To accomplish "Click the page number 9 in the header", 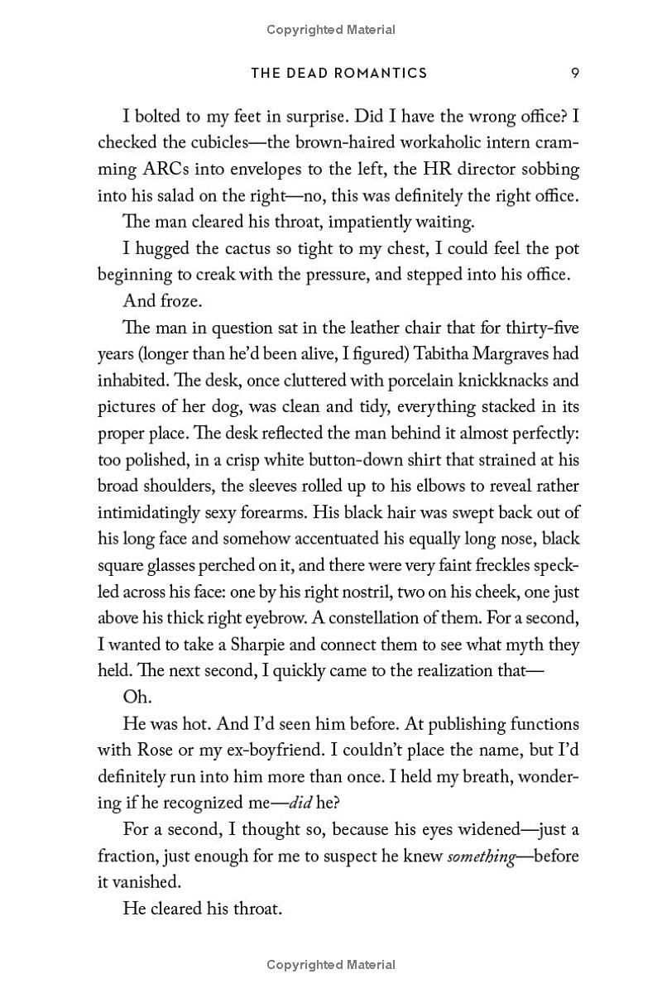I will [574, 73].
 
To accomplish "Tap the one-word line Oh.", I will [137, 698].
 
